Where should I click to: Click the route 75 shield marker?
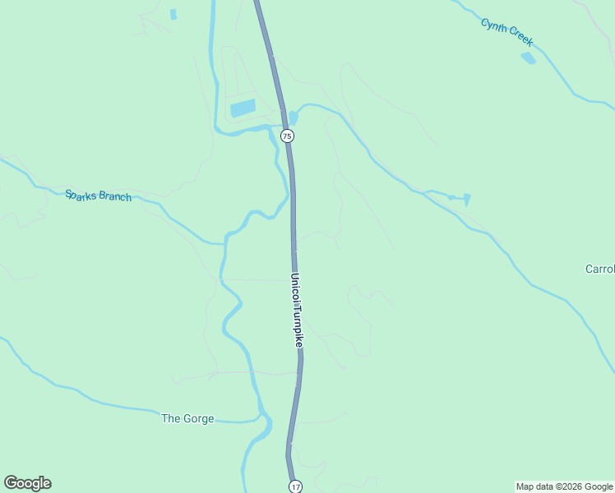286,136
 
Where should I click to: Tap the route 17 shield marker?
295,486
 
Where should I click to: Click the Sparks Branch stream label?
98,196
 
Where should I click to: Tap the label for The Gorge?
187,418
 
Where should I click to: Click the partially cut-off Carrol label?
599,269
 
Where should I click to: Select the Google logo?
27,483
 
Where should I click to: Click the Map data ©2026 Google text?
564,486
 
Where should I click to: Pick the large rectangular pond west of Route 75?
243,108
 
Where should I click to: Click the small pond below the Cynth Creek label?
528,58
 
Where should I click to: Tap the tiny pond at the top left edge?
173,14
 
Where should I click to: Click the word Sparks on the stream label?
80,194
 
